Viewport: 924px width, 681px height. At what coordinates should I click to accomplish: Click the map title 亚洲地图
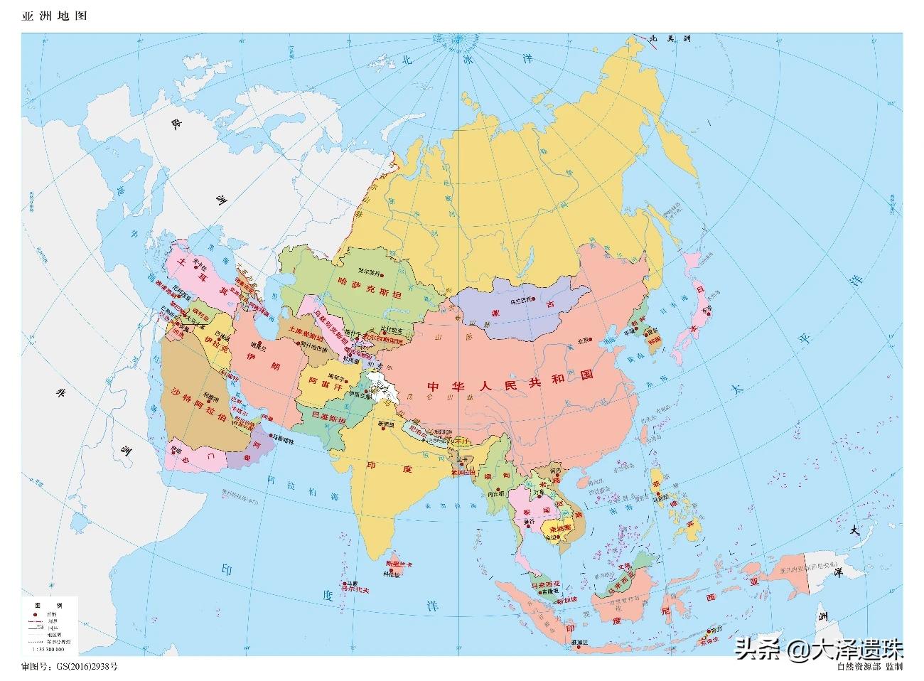pyautogui.click(x=54, y=16)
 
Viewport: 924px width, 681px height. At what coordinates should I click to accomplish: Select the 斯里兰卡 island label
pyautogui.click(x=399, y=564)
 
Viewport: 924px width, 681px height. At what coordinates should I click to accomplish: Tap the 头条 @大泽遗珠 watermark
pyautogui.click(x=820, y=648)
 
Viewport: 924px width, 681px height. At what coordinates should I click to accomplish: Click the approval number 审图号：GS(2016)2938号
pyautogui.click(x=69, y=667)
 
